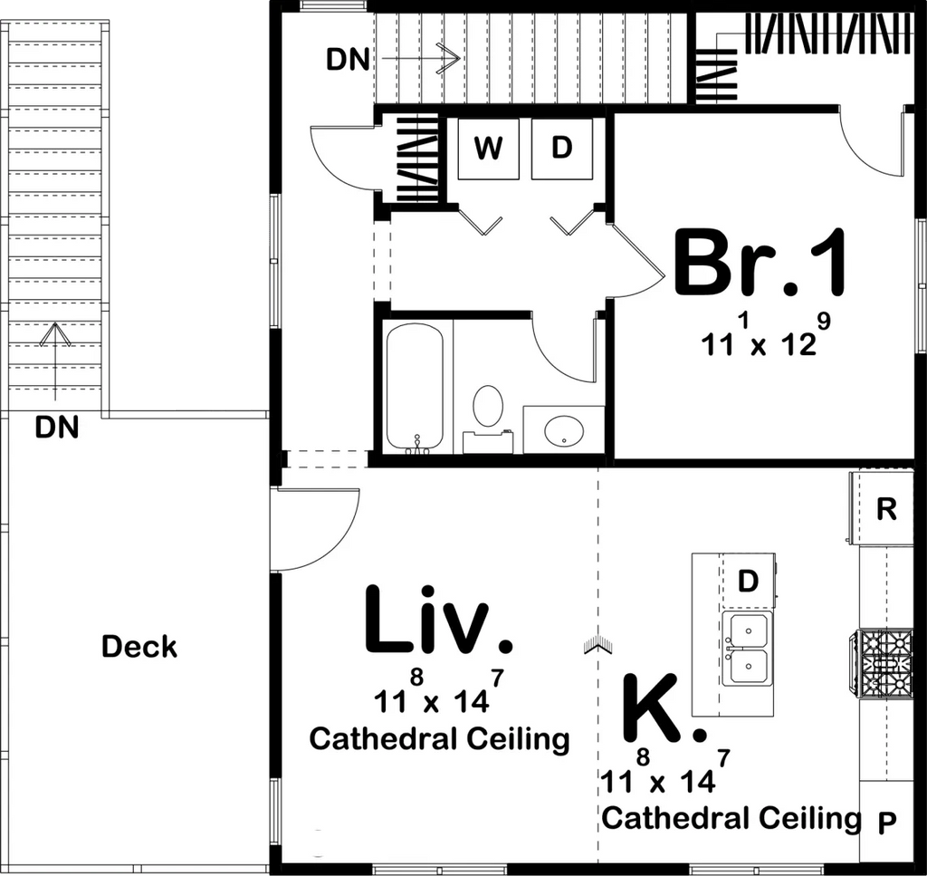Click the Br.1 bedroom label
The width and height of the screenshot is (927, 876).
coord(760,263)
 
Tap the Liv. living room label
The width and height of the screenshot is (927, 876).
coord(438,620)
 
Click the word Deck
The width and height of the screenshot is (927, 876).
coord(139,647)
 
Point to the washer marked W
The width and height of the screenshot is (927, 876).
coord(488,149)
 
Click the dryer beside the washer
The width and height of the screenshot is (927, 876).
coord(561,149)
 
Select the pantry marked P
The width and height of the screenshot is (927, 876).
coord(886,822)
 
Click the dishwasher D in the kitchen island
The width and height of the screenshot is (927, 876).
coord(747,582)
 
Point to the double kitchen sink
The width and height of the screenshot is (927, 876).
coord(747,649)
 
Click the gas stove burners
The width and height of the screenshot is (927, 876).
coord(884,662)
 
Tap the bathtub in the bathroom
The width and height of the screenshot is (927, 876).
coord(415,388)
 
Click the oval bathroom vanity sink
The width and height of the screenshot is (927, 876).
coord(563,430)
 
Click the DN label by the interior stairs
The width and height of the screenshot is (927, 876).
coord(349,60)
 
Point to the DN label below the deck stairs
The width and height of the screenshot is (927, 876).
coord(57,427)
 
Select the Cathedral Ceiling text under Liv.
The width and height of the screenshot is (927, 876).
coord(439,739)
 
